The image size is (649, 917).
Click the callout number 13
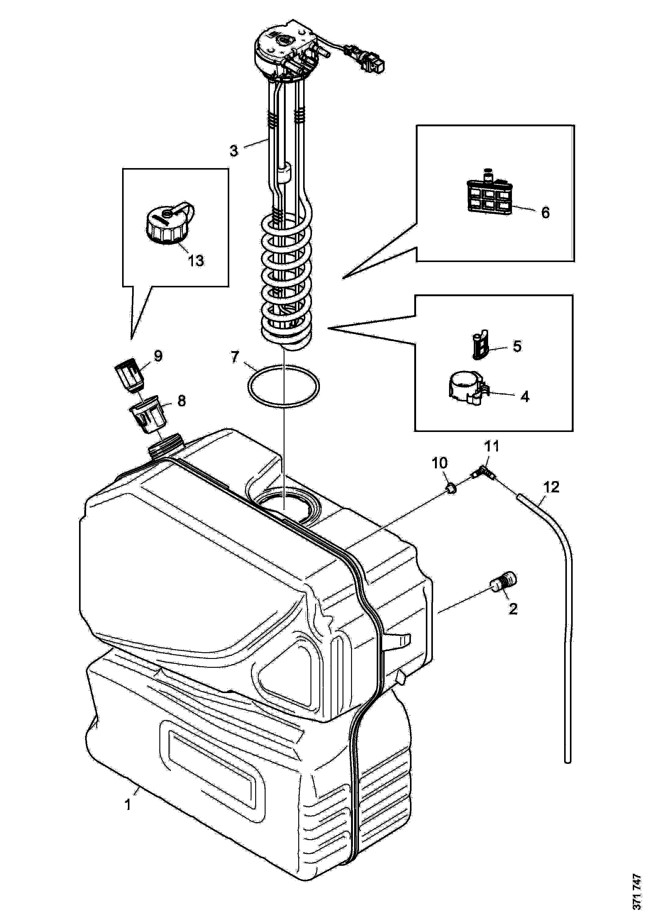pos(196,261)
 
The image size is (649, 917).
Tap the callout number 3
pos(234,151)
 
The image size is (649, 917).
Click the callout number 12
pos(552,487)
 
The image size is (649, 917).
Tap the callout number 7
pos(235,357)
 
